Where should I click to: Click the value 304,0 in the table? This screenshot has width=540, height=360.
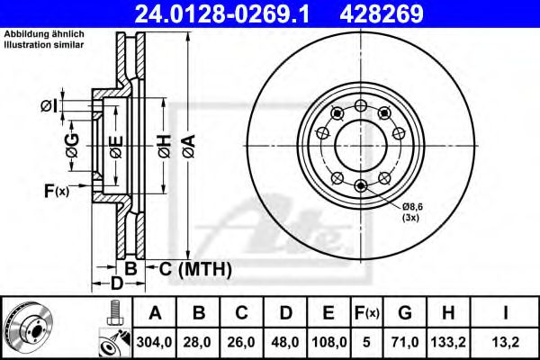(x=155, y=341)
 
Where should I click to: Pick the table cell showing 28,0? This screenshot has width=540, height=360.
(x=198, y=341)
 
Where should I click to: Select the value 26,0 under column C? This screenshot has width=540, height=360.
(x=241, y=341)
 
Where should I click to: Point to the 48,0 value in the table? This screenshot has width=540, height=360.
(x=284, y=341)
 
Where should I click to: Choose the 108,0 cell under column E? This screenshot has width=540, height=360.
(x=328, y=341)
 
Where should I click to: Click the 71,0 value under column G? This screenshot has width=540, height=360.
(x=405, y=341)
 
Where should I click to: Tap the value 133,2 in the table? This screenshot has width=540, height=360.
(x=448, y=341)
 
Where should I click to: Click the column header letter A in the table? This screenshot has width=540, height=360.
(x=155, y=313)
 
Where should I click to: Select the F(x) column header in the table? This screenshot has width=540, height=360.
(x=366, y=313)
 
